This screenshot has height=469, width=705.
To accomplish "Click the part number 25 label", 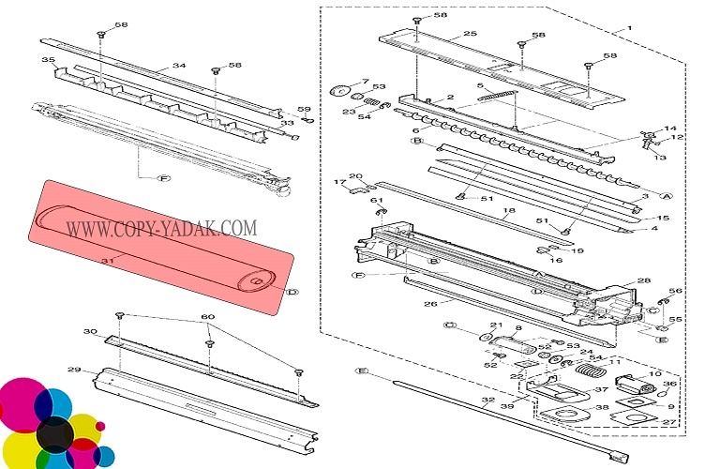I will pos(470,35).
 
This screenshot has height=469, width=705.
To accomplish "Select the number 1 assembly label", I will pos(630,29).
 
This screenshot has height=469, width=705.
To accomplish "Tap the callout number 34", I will pos(178,67).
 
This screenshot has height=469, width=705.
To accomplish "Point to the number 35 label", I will pos(48,61).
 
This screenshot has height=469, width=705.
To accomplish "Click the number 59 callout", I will pos(304,110).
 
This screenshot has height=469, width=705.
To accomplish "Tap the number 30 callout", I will pos(90,332).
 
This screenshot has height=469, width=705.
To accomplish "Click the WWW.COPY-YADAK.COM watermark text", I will pos(160,227).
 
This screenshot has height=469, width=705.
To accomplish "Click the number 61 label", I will pos(377,201).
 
